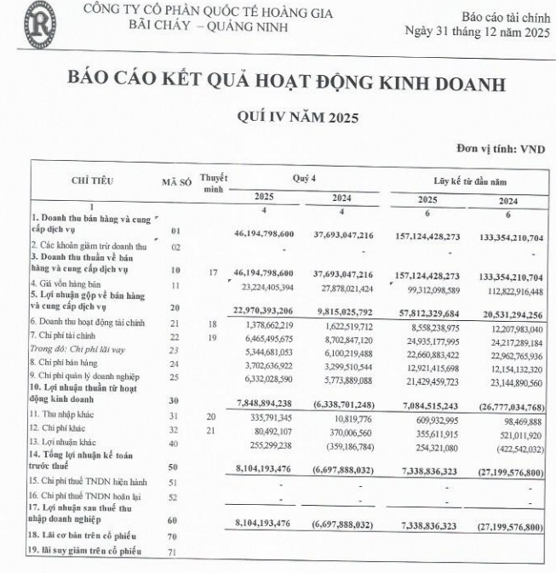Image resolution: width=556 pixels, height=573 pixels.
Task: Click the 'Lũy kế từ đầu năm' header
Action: (x=469, y=180)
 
